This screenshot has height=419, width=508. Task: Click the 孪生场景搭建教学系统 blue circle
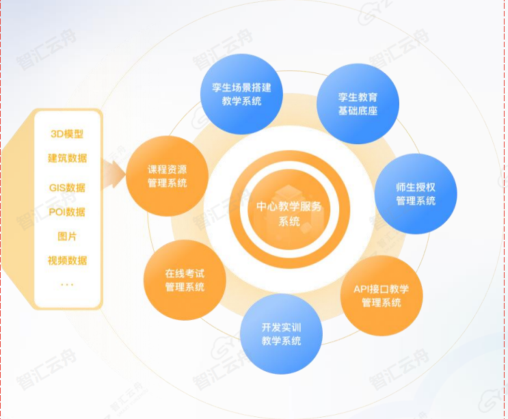coord(241,94)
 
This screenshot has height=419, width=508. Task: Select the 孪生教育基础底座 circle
coord(358,104)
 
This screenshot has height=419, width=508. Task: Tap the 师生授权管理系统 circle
coord(416,194)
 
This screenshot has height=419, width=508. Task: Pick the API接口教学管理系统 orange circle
coord(382,296)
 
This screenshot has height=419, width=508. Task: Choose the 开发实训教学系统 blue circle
coord(281,334)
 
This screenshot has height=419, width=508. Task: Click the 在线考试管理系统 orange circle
coord(185,280)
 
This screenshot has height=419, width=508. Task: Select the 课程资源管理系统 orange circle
coord(168,176)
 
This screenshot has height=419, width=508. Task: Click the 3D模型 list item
coord(67,134)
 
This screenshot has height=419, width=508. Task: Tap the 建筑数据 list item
coord(68,158)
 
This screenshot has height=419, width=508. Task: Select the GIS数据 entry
coord(67,188)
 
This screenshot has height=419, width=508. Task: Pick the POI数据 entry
coord(67,212)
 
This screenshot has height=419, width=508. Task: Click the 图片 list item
coord(67,236)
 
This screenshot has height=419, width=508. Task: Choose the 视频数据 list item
coord(68,260)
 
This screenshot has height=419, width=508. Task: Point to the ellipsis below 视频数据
coord(67,285)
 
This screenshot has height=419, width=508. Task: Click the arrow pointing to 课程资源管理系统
coord(113,174)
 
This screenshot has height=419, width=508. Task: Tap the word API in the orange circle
coord(362,289)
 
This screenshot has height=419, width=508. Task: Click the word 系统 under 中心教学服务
coord(289,221)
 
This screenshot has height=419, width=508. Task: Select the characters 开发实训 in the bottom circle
coord(281,327)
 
